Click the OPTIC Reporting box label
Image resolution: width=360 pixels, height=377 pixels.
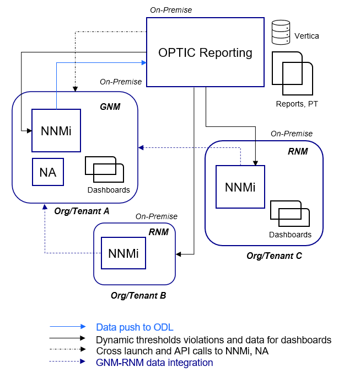(x=205, y=53)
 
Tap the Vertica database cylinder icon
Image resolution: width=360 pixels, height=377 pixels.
(x=281, y=33)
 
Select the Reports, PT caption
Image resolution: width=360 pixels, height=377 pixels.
(x=297, y=103)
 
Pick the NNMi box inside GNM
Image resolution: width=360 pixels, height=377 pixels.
(x=56, y=131)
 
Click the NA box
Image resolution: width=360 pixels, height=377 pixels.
(x=48, y=172)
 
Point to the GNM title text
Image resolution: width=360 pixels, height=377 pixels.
(x=110, y=106)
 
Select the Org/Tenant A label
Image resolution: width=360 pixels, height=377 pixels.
(x=82, y=211)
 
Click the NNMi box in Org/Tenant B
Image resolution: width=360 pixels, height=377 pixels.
(x=123, y=253)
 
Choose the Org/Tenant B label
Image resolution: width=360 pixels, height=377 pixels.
(x=138, y=295)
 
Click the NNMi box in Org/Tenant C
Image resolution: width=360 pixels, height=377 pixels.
(x=240, y=187)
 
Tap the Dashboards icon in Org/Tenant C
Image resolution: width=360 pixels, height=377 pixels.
(x=289, y=214)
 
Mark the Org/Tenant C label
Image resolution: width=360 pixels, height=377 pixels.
(x=274, y=256)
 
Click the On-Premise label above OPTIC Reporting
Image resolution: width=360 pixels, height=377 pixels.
(x=171, y=10)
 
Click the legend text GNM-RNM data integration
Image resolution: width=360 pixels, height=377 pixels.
(x=154, y=363)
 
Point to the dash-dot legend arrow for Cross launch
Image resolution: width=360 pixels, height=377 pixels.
(x=67, y=350)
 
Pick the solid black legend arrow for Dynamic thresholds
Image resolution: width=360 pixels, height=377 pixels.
(x=67, y=338)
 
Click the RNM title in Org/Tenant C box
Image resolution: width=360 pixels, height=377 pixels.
(x=298, y=151)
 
